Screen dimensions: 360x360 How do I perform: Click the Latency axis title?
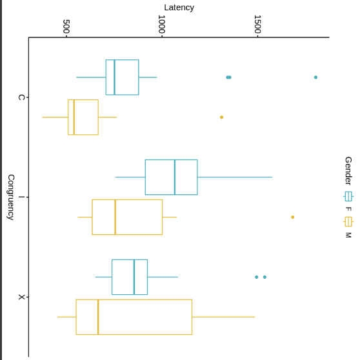pyautogui.click(x=179, y=8)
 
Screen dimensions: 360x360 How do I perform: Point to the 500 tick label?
pyautogui.click(x=66, y=26)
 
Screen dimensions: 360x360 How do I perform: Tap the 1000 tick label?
pyautogui.click(x=162, y=25)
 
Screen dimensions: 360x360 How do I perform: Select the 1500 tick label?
pyautogui.click(x=257, y=25)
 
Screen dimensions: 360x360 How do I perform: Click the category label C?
pyautogui.click(x=21, y=97)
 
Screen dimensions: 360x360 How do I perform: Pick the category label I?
pyautogui.click(x=21, y=197)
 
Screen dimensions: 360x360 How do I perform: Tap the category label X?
pyautogui.click(x=21, y=297)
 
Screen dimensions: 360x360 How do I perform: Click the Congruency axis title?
pyautogui.click(x=10, y=197)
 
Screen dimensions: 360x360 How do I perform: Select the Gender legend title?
pyautogui.click(x=348, y=170)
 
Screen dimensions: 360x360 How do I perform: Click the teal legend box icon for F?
pyautogui.click(x=348, y=196)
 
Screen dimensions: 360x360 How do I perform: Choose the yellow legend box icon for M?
pyautogui.click(x=348, y=221)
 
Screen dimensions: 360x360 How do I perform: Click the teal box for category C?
pyautogui.click(x=123, y=77)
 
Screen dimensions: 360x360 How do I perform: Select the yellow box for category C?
pyautogui.click(x=83, y=117)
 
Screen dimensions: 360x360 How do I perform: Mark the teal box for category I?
pyautogui.click(x=171, y=177)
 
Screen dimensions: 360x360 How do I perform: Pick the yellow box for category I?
pyautogui.click(x=127, y=217)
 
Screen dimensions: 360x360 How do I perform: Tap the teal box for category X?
pyautogui.click(x=130, y=277)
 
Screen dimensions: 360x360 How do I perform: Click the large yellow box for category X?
pyautogui.click(x=134, y=317)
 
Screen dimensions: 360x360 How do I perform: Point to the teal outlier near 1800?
pyautogui.click(x=315, y=77)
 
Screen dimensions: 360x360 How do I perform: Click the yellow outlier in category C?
pyautogui.click(x=221, y=117)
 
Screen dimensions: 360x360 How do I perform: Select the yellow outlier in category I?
pyautogui.click(x=292, y=217)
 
